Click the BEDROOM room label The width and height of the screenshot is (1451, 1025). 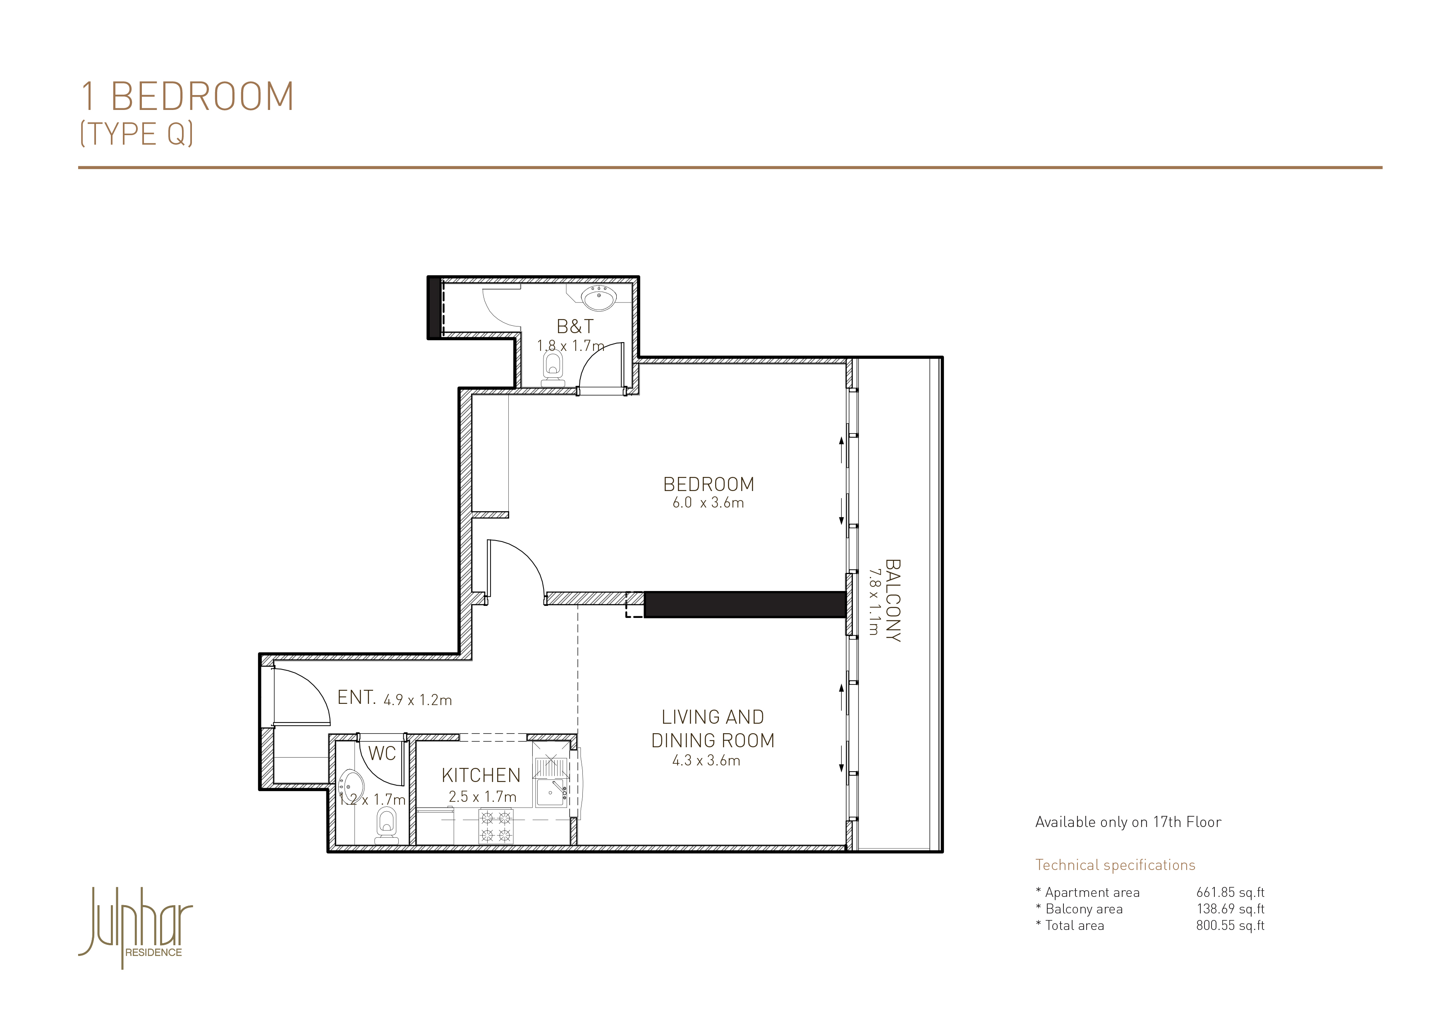click(x=709, y=484)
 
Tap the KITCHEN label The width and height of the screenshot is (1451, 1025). click(x=481, y=775)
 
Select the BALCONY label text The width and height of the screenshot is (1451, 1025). click(x=892, y=601)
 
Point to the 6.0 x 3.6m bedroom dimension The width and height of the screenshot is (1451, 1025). click(x=708, y=503)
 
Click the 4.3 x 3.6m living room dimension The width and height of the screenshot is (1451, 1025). click(x=706, y=760)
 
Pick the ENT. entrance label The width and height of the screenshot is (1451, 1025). click(x=357, y=697)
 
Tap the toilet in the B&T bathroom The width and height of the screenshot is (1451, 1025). click(x=553, y=369)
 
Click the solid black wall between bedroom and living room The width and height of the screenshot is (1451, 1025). click(x=745, y=604)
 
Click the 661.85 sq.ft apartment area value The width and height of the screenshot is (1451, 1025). click(x=1230, y=892)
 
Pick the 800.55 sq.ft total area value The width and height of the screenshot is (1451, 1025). click(x=1230, y=925)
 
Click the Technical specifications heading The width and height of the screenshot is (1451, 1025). click(x=1115, y=865)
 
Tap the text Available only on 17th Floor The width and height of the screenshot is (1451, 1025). click(x=1128, y=822)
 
